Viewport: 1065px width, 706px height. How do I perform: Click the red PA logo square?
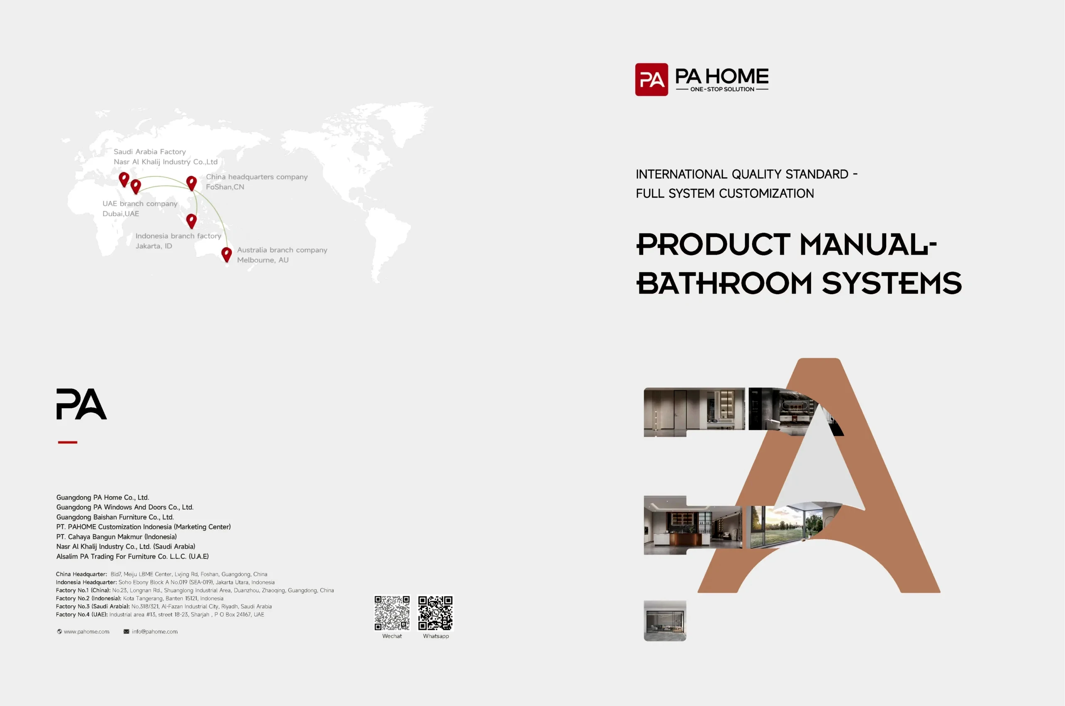pos(651,80)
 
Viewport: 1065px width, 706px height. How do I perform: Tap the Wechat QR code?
pos(391,613)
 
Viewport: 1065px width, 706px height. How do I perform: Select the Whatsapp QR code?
pos(435,613)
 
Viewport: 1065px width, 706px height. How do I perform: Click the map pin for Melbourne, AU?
pos(226,254)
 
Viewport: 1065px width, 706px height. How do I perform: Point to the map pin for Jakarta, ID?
pos(191,220)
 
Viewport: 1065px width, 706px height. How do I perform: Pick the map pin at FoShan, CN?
pos(191,183)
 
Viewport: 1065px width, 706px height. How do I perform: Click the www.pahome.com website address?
pos(86,632)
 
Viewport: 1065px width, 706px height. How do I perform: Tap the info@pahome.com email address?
pos(154,632)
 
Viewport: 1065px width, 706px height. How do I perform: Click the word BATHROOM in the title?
pos(724,283)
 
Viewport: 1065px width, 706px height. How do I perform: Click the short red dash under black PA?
pos(67,442)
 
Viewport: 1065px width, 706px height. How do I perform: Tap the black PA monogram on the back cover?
pos(82,404)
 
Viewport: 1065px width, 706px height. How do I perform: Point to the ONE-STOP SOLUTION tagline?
pos(722,89)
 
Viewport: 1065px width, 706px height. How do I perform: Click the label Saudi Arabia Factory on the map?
pos(149,152)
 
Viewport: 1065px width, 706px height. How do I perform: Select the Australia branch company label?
pos(282,250)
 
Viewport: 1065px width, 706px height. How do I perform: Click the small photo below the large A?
pos(664,620)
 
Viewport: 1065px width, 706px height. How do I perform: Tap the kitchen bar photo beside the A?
pos(692,525)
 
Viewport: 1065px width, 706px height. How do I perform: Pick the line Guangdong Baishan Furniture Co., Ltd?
pos(115,517)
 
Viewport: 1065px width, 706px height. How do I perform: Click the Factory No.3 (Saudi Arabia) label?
pos(93,607)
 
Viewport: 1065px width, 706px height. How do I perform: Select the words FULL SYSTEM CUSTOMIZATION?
pos(725,193)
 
